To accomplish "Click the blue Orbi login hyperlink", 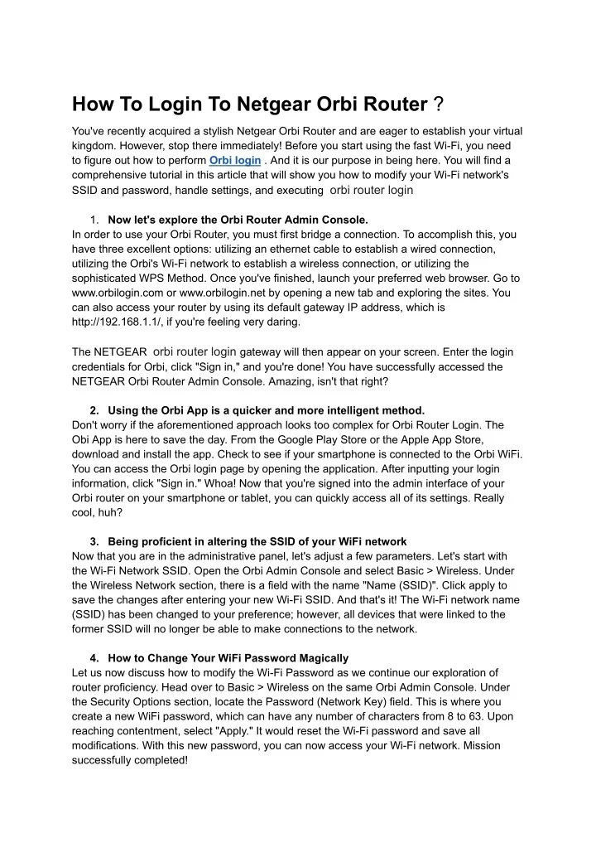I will click(x=235, y=160).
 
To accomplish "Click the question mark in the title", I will click(x=439, y=104).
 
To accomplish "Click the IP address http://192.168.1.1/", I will click(x=123, y=322).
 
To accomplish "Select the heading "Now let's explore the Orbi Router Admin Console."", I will click(x=238, y=220).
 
